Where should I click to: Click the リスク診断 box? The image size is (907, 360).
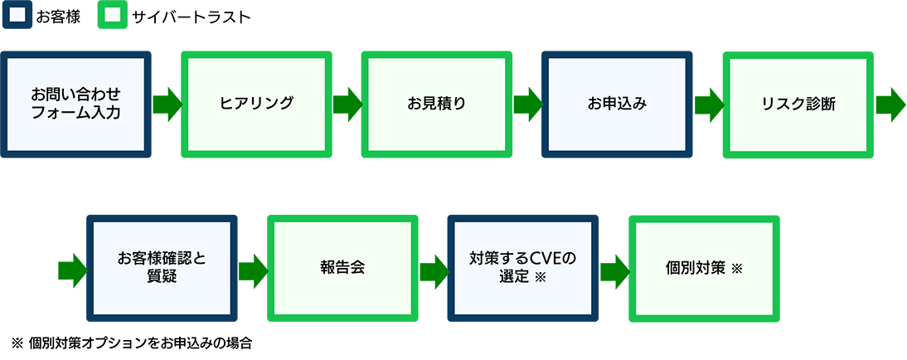(798, 105)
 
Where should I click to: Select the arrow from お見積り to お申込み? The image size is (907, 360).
(527, 105)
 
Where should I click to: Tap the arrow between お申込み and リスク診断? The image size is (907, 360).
(707, 105)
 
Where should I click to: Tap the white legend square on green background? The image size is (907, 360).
(113, 15)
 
